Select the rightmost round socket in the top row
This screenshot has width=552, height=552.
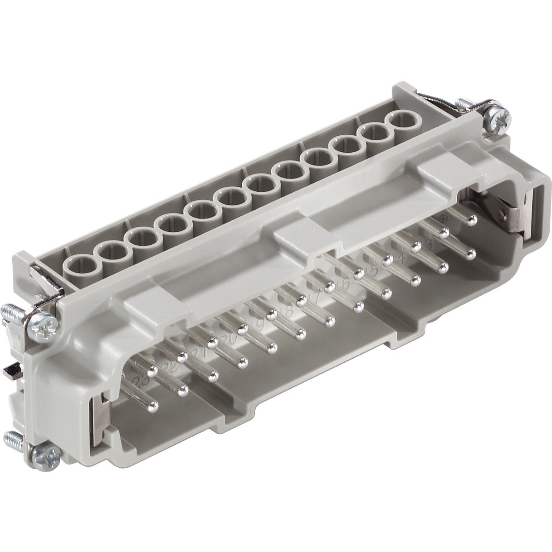[x=402, y=123]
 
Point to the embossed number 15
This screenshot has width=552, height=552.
[x=374, y=272]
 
